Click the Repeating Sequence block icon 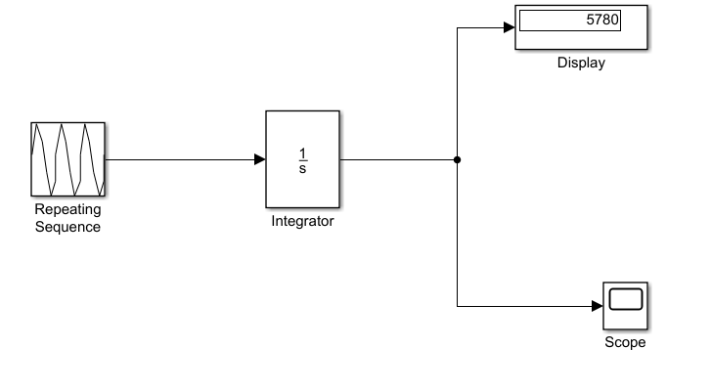pyautogui.click(x=67, y=158)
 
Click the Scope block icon pyautogui.click(x=625, y=306)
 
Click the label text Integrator pyautogui.click(x=302, y=221)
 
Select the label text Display pyautogui.click(x=581, y=64)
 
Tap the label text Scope pyautogui.click(x=625, y=343)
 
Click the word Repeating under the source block pyautogui.click(x=67, y=209)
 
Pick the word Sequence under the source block pyautogui.click(x=67, y=227)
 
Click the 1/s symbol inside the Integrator pyautogui.click(x=302, y=159)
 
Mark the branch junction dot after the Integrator pyautogui.click(x=458, y=159)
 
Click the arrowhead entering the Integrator pyautogui.click(x=259, y=159)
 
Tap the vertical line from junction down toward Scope pyautogui.click(x=458, y=235)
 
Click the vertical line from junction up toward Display pyautogui.click(x=458, y=93)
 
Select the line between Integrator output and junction pyautogui.click(x=398, y=159)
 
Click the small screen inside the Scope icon pyautogui.click(x=625, y=298)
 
